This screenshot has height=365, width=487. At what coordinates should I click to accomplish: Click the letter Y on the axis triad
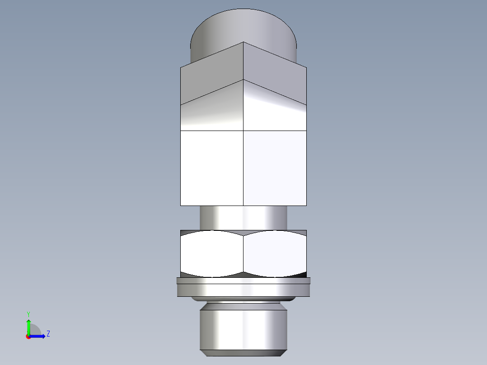[x=28, y=314]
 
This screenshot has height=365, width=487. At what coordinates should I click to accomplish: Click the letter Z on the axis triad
[x=48, y=334]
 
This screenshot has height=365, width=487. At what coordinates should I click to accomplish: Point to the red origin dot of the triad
[x=28, y=337]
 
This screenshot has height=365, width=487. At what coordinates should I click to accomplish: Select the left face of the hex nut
[x=211, y=254]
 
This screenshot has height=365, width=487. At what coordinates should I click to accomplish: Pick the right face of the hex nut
[x=275, y=254]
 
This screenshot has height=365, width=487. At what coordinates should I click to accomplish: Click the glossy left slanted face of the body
[x=211, y=111]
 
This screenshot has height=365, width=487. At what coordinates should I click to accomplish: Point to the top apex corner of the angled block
[x=243, y=42]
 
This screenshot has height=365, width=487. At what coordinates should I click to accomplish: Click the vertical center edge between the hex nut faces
[x=243, y=254]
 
